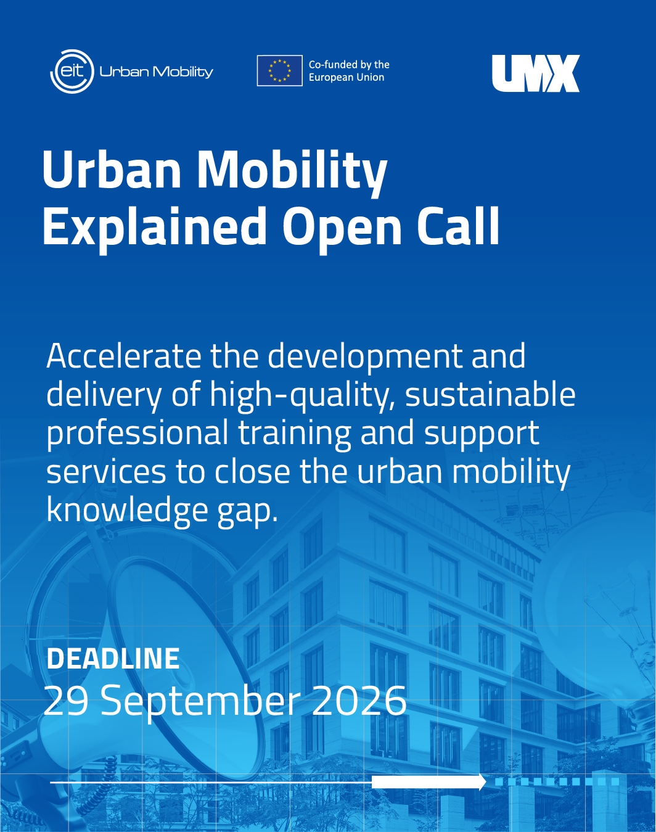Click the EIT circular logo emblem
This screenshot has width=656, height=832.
72,72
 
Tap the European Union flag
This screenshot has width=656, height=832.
279,70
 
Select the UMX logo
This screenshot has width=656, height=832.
536,73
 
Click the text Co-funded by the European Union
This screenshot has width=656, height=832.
349,71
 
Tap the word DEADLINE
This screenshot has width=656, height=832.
113,659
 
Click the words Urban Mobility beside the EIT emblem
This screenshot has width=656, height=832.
157,72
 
